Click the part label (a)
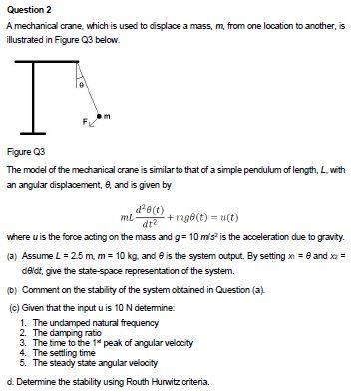[12, 254]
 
